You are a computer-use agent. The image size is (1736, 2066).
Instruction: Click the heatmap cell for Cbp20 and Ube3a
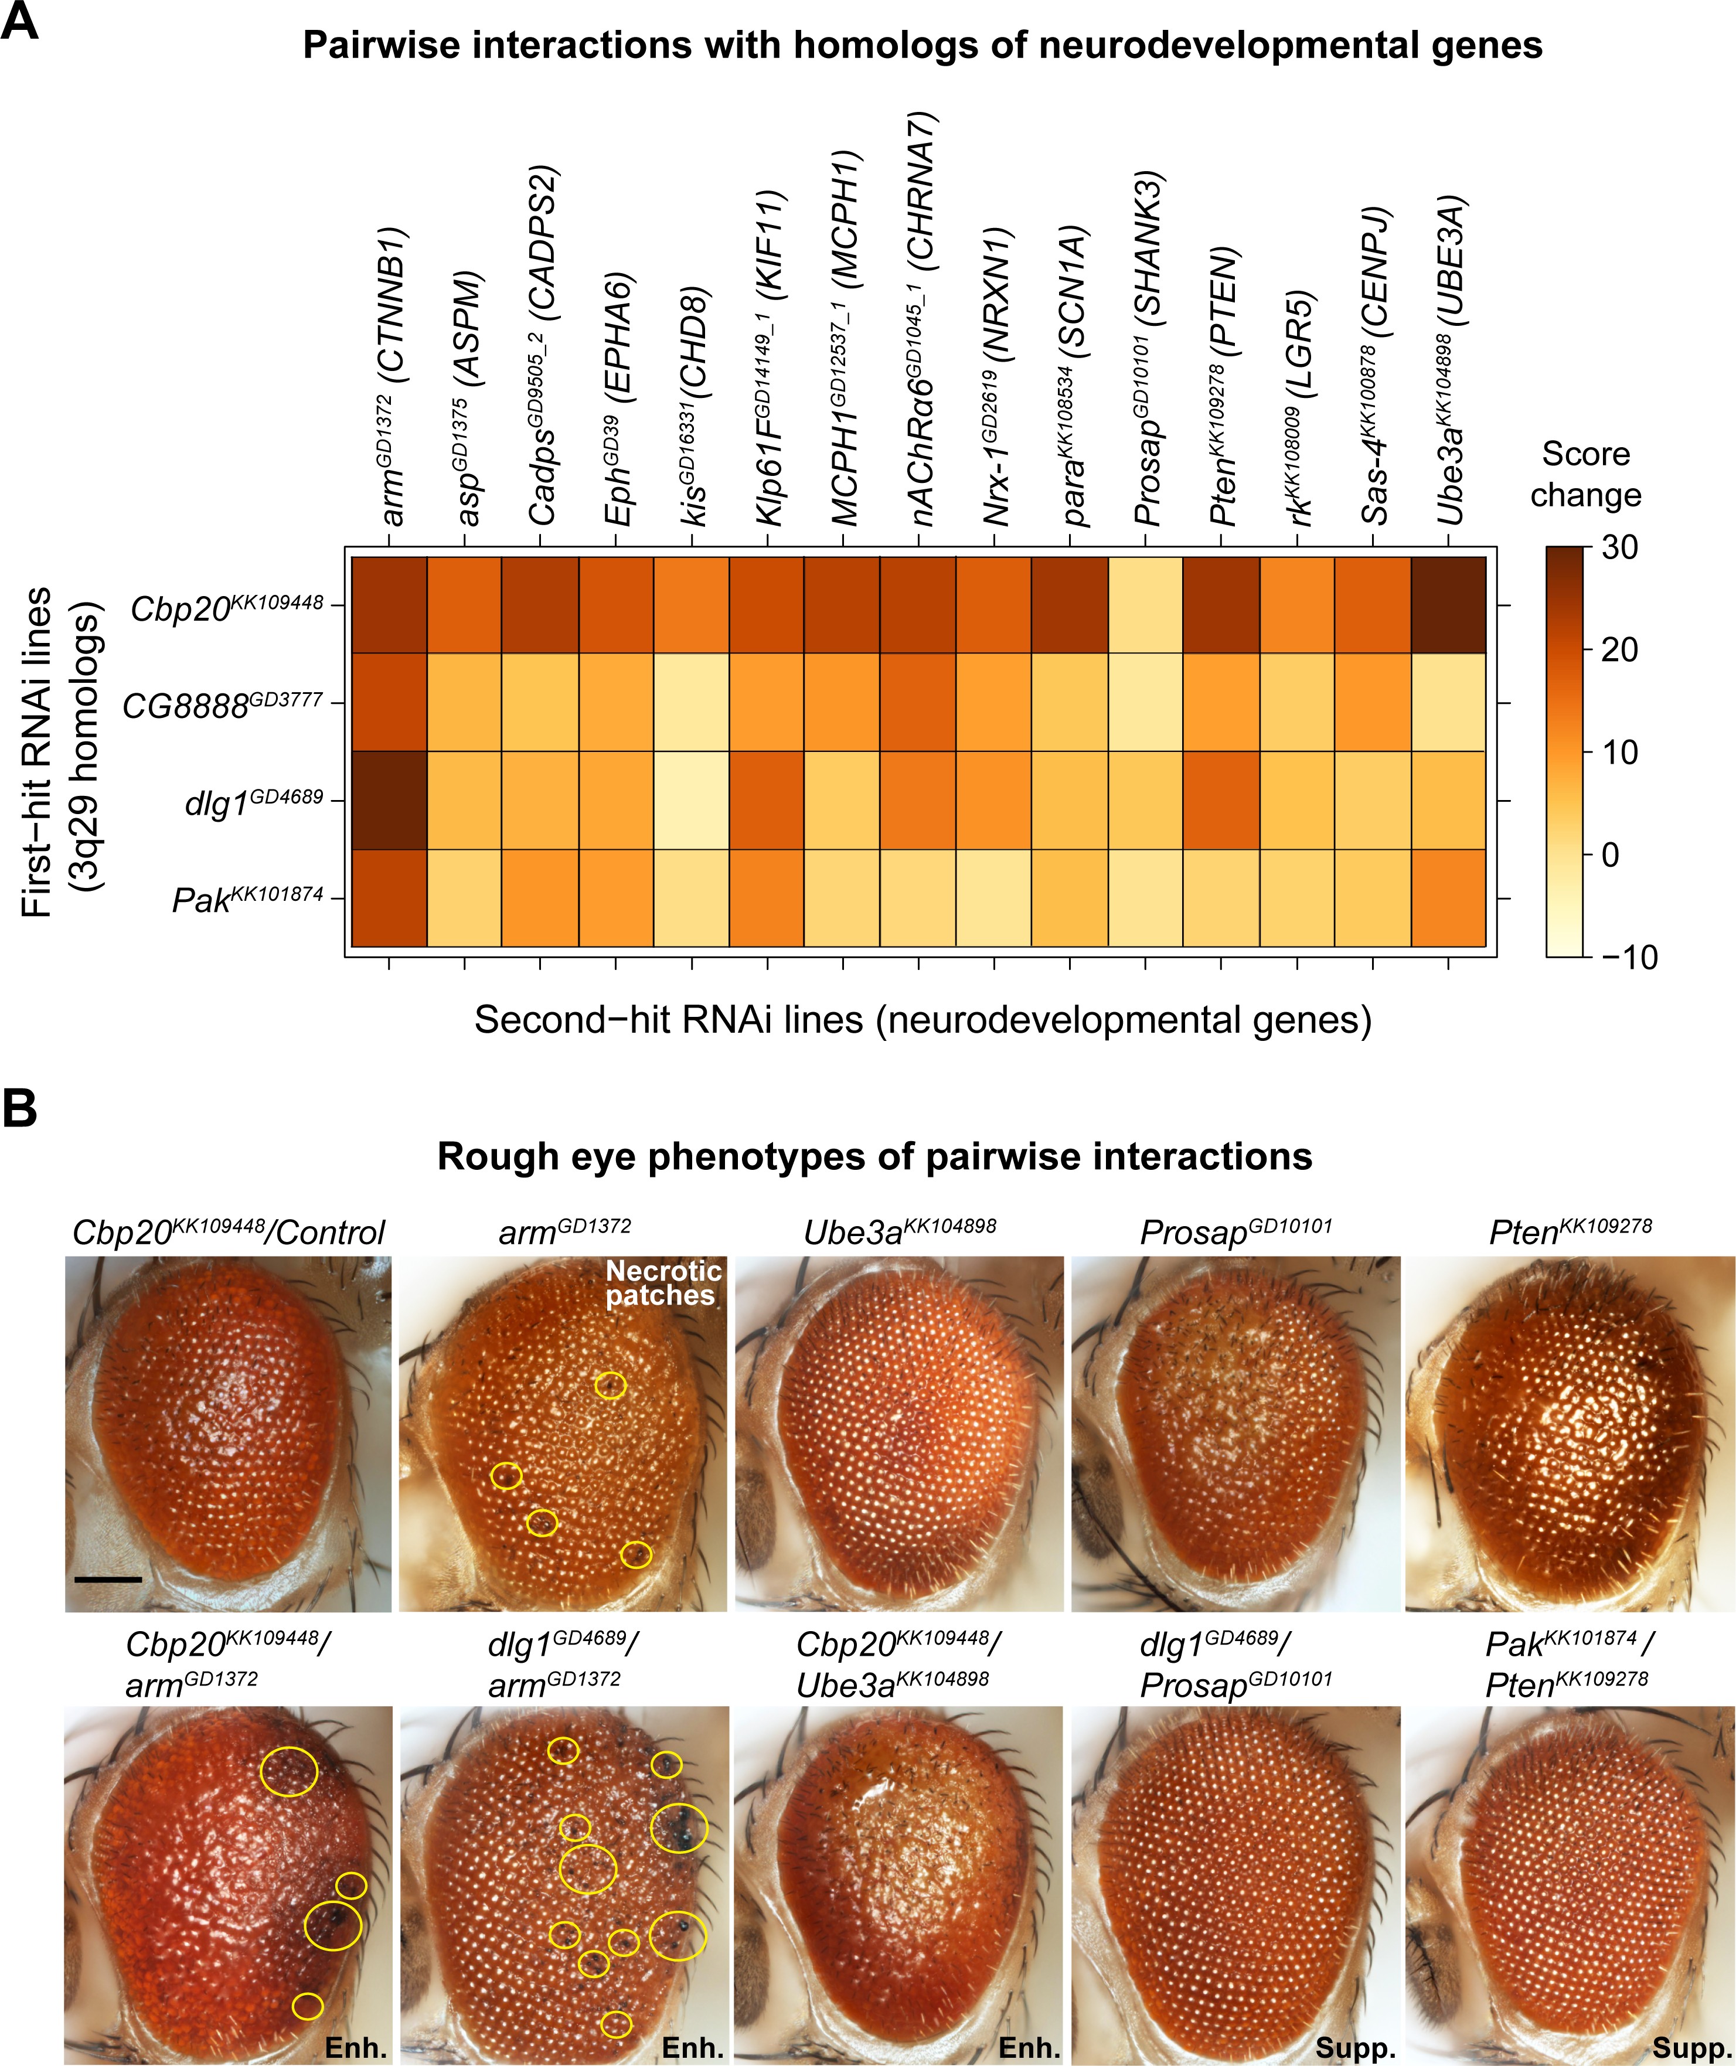coord(1448,604)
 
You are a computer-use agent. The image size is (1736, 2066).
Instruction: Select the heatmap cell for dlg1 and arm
coord(389,799)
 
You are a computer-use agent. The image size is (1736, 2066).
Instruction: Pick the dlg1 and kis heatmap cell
coord(692,799)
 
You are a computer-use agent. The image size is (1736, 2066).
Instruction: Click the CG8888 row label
coord(222,704)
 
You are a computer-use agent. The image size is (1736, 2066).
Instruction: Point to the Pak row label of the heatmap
coord(247,898)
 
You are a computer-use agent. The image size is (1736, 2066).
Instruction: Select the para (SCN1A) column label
coord(1073,374)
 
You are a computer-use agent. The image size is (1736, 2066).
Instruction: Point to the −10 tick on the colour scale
coord(1629,957)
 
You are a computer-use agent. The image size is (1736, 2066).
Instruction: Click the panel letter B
coord(20,1108)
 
